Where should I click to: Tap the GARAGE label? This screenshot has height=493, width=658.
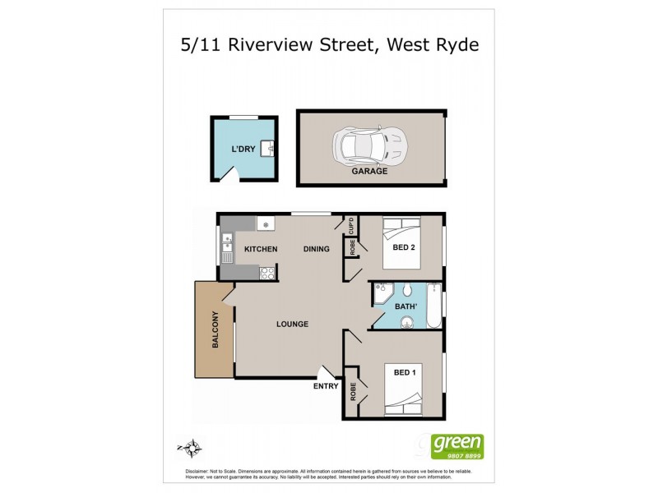371,172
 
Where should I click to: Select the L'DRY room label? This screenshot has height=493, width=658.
243,149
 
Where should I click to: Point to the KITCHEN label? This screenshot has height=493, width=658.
261,249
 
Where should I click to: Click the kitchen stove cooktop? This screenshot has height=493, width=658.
266,274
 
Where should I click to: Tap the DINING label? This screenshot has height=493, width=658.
317,249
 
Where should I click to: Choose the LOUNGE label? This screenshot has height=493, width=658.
292,324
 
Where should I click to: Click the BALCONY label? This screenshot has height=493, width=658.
215,330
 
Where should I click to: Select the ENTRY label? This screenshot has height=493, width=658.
326,386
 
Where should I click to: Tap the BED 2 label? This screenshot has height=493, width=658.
404,249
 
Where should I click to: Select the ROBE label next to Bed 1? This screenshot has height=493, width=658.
353,393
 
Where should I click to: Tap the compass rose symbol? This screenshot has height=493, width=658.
191,448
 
